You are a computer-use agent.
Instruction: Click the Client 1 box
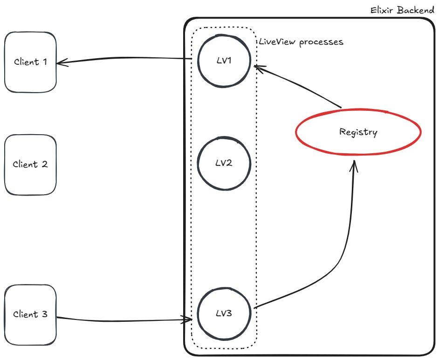pos(30,62)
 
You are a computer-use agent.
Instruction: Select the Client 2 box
pos(30,164)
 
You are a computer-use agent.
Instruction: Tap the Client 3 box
pos(30,314)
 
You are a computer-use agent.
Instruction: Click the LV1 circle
pos(224,61)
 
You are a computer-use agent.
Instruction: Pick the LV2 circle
pos(224,163)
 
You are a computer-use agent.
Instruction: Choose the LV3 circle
pos(224,313)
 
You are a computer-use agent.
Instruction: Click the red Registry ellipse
pos(358,132)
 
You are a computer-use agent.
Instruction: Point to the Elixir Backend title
pos(402,10)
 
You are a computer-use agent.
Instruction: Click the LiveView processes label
pos(301,42)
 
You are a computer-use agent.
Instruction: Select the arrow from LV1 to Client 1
pos(126,60)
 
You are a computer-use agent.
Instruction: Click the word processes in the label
pos(321,42)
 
